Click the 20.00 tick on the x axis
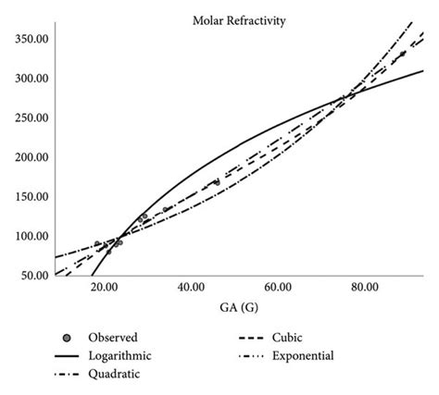pos(104,289)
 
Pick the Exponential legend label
pos(321,355)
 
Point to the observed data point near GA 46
pos(217,182)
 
